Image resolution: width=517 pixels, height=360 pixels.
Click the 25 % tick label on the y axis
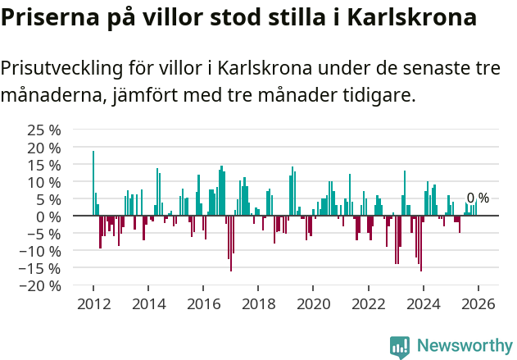pos(43,130)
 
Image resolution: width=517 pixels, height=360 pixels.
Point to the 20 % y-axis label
pos(43,147)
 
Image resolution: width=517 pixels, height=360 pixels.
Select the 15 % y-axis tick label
pos(43,164)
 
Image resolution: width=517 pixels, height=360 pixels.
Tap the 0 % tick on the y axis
pos(48,216)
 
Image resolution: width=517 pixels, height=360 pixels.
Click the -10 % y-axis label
pos(40,250)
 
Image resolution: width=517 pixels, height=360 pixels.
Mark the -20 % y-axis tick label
pos(40,285)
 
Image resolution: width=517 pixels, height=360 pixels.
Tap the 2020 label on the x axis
pos(313,303)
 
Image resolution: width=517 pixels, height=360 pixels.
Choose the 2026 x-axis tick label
pos(478,303)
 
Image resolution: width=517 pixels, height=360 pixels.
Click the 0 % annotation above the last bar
pos(478,198)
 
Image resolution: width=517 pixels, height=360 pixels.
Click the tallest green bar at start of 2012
pos(93,183)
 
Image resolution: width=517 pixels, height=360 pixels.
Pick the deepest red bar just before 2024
pos(421,244)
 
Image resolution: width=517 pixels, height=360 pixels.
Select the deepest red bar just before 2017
pos(231,244)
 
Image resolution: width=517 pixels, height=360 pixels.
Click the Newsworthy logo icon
pos(400,346)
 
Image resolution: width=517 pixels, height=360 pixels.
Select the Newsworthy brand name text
pos(464,346)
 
